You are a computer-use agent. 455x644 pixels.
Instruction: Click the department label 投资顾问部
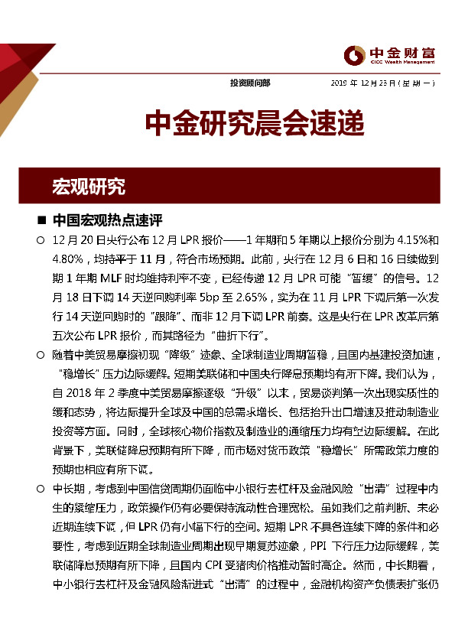point(249,83)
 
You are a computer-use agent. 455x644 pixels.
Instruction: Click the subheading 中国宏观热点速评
point(107,221)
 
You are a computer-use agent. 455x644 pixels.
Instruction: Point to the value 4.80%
point(70,259)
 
